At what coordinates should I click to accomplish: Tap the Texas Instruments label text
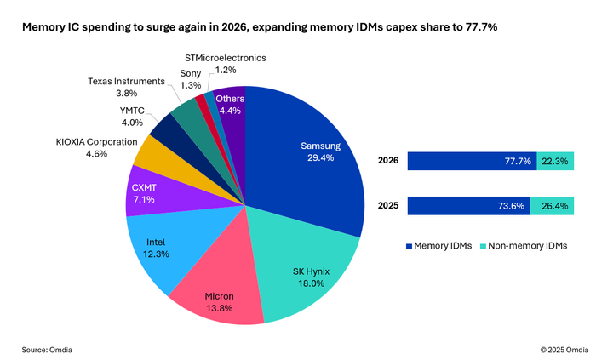tap(126, 81)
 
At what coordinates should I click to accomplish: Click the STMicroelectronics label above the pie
tap(226, 58)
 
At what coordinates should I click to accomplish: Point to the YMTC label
tap(132, 111)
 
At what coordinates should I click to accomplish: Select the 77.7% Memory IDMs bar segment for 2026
tap(472, 161)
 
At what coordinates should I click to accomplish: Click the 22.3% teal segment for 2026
tap(555, 161)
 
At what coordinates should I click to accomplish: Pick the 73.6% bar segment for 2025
tap(468, 206)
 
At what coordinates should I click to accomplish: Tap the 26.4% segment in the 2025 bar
tap(552, 206)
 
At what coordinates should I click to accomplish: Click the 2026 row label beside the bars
tap(388, 161)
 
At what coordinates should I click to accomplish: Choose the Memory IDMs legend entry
tap(439, 246)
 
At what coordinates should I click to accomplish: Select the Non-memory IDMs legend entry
tap(524, 246)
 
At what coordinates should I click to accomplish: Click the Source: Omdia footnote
tap(47, 350)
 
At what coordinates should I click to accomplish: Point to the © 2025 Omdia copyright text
tap(564, 350)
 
